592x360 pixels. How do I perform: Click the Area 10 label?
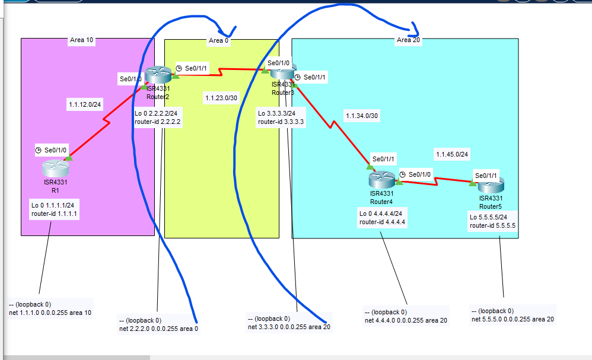point(81,40)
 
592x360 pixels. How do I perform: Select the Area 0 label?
point(216,41)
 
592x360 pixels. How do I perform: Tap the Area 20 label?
point(404,40)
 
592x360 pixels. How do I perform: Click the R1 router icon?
point(55,168)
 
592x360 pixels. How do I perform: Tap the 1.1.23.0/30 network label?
point(221,98)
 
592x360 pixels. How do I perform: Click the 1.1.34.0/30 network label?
point(361,116)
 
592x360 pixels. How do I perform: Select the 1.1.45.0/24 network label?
point(452,155)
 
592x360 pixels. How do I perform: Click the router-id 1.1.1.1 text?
point(55,214)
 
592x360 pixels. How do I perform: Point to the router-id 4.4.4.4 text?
point(382,222)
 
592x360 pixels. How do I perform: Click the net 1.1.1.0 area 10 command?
point(50,313)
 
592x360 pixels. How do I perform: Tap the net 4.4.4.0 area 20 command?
point(406,320)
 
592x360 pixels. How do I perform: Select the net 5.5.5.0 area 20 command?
point(513,320)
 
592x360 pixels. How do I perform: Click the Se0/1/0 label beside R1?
point(55,151)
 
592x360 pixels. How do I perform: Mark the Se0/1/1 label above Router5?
point(486,176)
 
